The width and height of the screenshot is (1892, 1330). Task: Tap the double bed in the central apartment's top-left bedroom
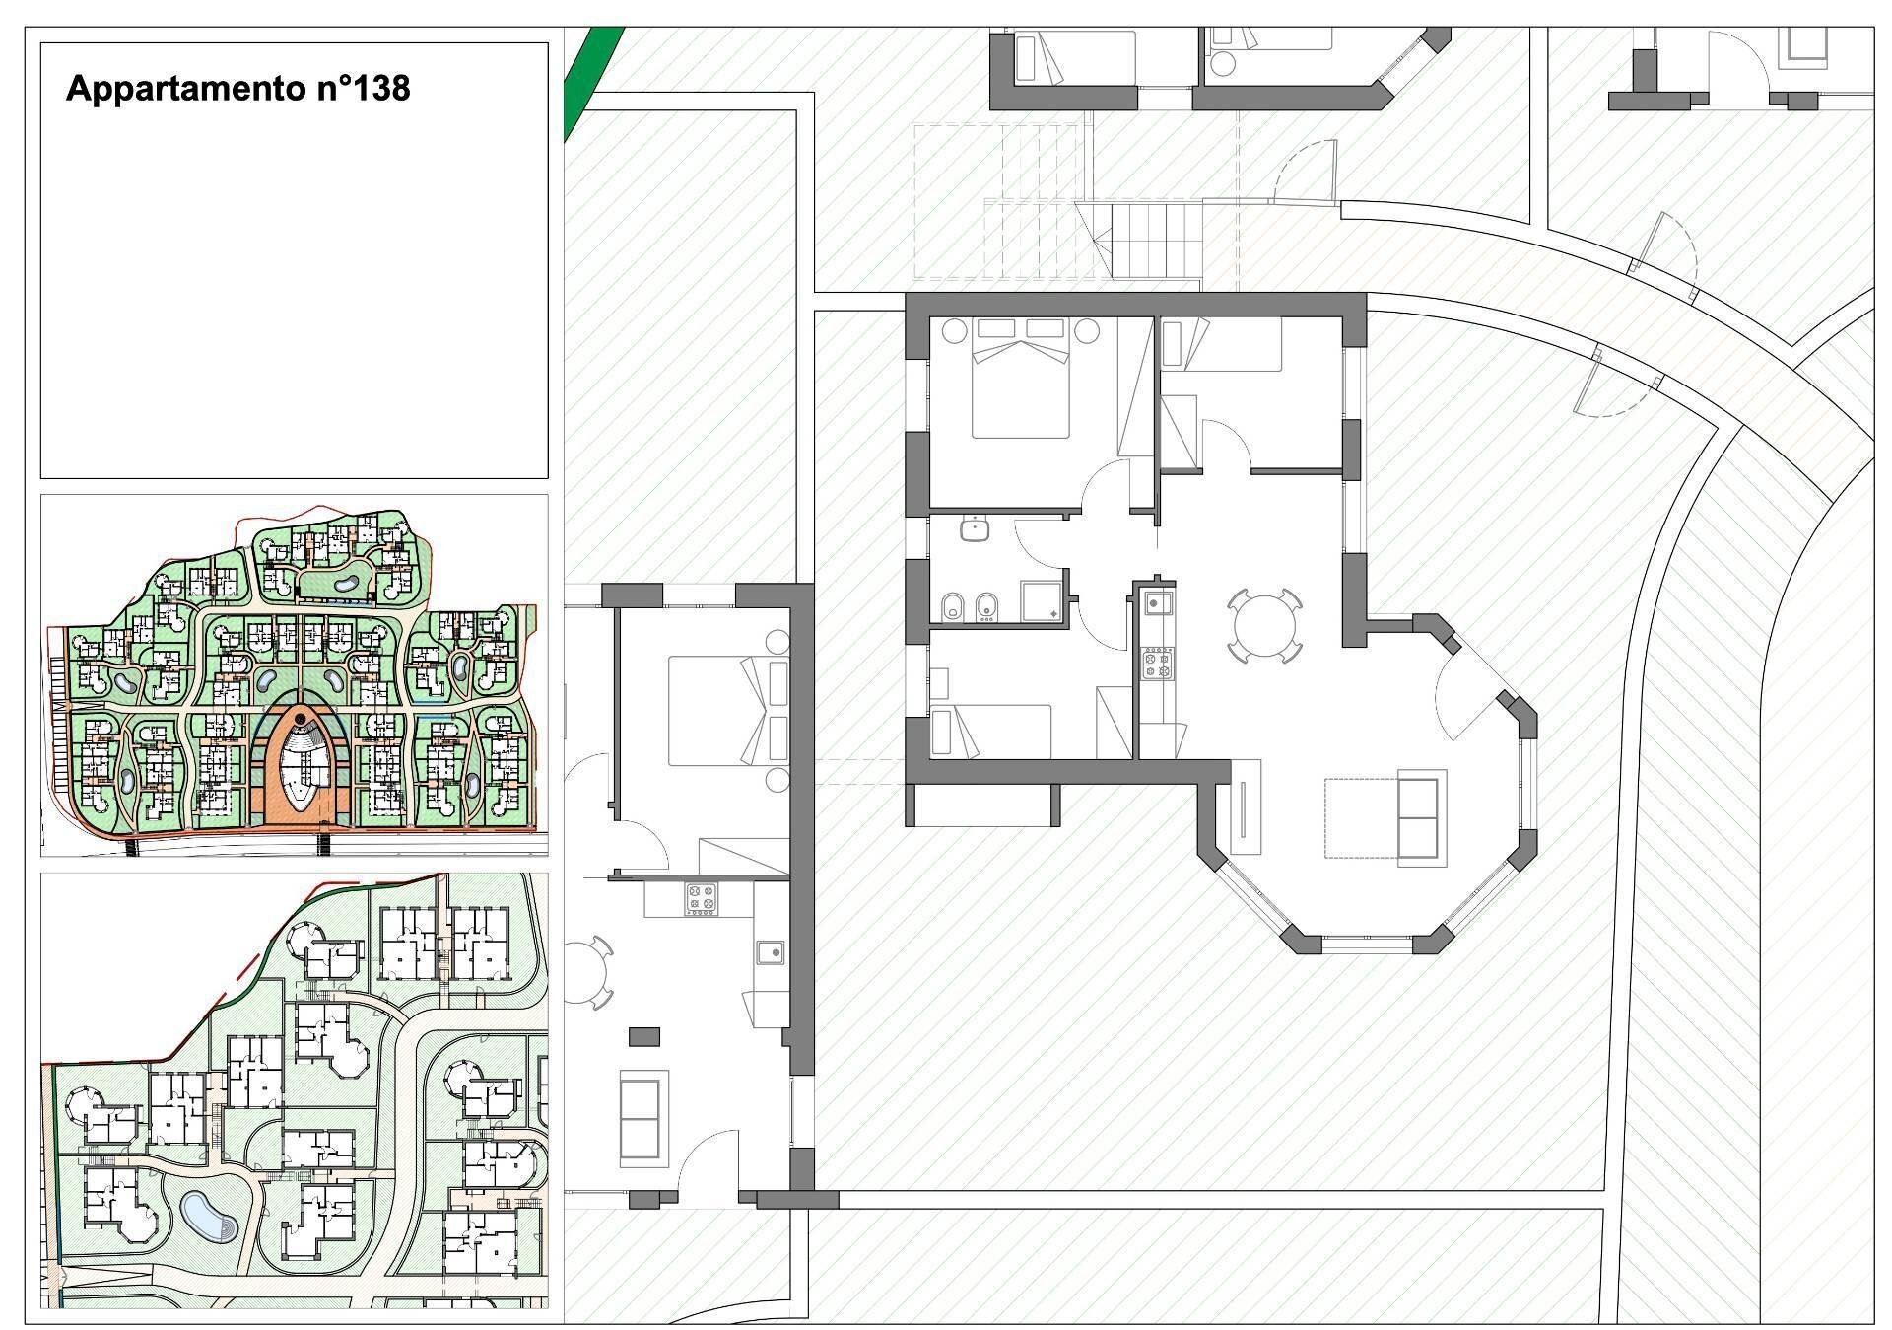tap(1021, 377)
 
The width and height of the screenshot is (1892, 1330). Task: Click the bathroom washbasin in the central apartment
tap(975, 529)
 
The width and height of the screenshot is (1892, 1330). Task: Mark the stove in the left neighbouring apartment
tap(701, 899)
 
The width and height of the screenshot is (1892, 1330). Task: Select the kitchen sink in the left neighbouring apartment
tap(771, 952)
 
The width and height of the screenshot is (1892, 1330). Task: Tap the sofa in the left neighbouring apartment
tap(639, 1120)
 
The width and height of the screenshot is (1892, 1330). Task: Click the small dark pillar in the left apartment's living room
tap(644, 1036)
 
